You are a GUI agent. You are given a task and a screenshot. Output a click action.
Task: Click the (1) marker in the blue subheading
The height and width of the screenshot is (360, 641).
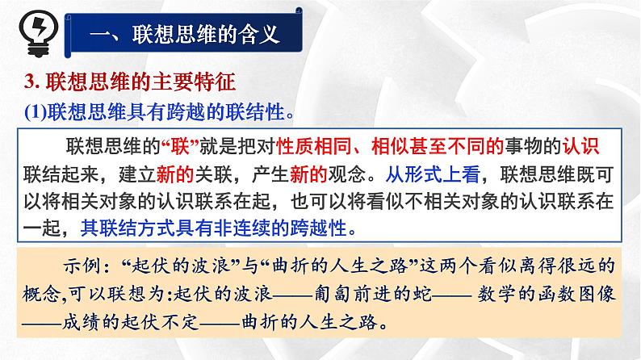(x=38, y=108)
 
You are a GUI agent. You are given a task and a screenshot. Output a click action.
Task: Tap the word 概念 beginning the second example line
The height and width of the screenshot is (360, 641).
(x=48, y=296)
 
